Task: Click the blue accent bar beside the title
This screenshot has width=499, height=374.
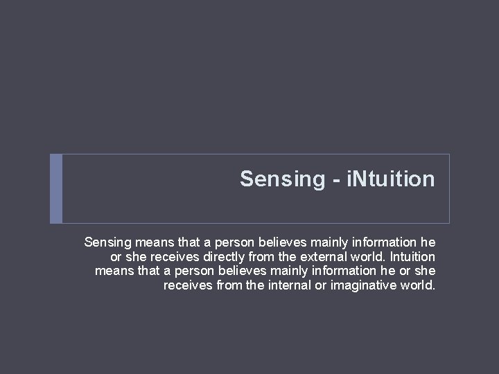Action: pyautogui.click(x=56, y=188)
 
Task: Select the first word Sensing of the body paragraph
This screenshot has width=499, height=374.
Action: pyautogui.click(x=107, y=242)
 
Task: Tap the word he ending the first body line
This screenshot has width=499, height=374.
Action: pyautogui.click(x=428, y=242)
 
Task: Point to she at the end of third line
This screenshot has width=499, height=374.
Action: pyautogui.click(x=425, y=271)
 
